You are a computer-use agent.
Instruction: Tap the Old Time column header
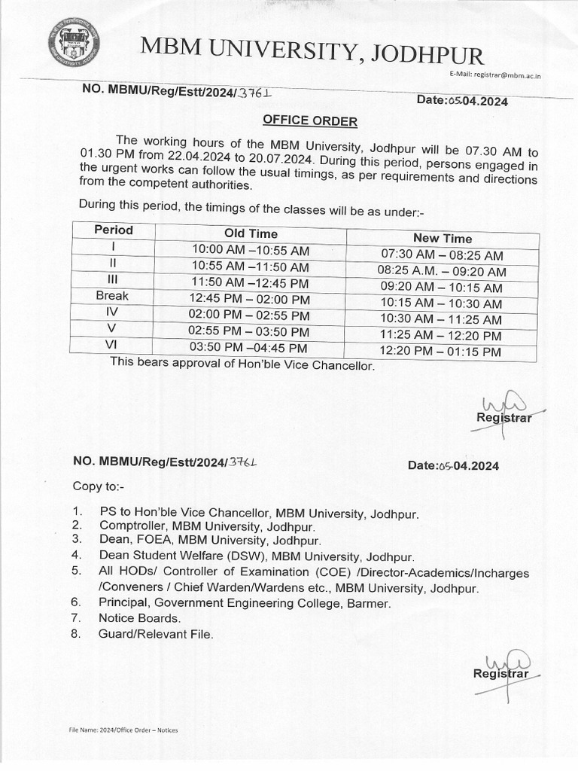[251, 233]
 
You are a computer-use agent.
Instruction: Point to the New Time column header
[443, 238]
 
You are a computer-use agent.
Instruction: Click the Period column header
[114, 230]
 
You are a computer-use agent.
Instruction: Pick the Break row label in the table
[113, 296]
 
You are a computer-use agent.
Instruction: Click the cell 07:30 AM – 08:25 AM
[443, 256]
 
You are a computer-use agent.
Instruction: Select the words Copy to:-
[99, 486]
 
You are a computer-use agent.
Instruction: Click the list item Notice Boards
[139, 618]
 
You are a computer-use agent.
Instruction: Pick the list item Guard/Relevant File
[156, 635]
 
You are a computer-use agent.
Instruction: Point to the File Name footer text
[123, 730]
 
